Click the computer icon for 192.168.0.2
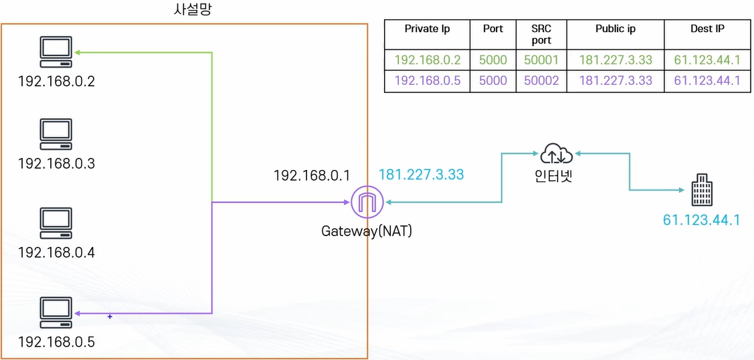[56, 52]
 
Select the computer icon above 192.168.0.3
[56, 134]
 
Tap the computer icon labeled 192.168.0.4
[56, 223]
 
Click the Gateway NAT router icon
[367, 201]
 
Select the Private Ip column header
[427, 29]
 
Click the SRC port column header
[541, 34]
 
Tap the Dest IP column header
[707, 29]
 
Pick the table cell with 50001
[541, 60]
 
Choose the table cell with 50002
[541, 81]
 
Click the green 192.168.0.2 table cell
[428, 60]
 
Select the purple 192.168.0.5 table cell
[428, 81]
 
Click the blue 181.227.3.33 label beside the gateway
[421, 175]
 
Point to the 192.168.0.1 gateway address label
[312, 175]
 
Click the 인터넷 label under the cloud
[557, 178]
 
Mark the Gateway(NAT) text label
[367, 232]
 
